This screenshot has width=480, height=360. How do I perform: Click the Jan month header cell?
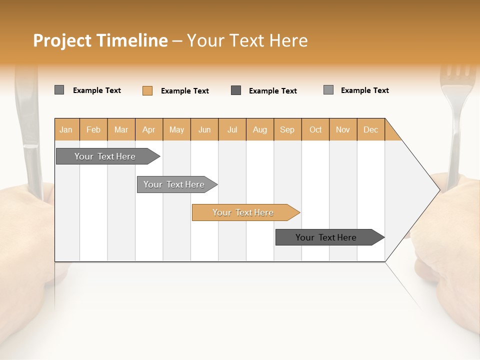pyautogui.click(x=66, y=129)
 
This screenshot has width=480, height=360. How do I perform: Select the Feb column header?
pyautogui.click(x=93, y=129)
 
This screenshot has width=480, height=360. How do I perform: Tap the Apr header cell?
pyautogui.click(x=149, y=129)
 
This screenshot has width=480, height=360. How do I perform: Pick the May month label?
pyautogui.click(x=176, y=129)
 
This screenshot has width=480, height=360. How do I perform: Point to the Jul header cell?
pyautogui.click(x=232, y=129)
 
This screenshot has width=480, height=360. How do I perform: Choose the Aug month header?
pyautogui.click(x=260, y=129)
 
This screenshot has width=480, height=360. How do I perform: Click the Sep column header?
pyautogui.click(x=287, y=129)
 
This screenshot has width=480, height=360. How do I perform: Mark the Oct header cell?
pyautogui.click(x=315, y=129)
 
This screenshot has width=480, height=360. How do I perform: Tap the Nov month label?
pyautogui.click(x=343, y=129)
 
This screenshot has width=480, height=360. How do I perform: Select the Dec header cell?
pyautogui.click(x=370, y=129)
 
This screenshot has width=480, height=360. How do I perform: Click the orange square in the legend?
pyautogui.click(x=147, y=90)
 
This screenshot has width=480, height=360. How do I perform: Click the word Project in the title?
pyautogui.click(x=62, y=40)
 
